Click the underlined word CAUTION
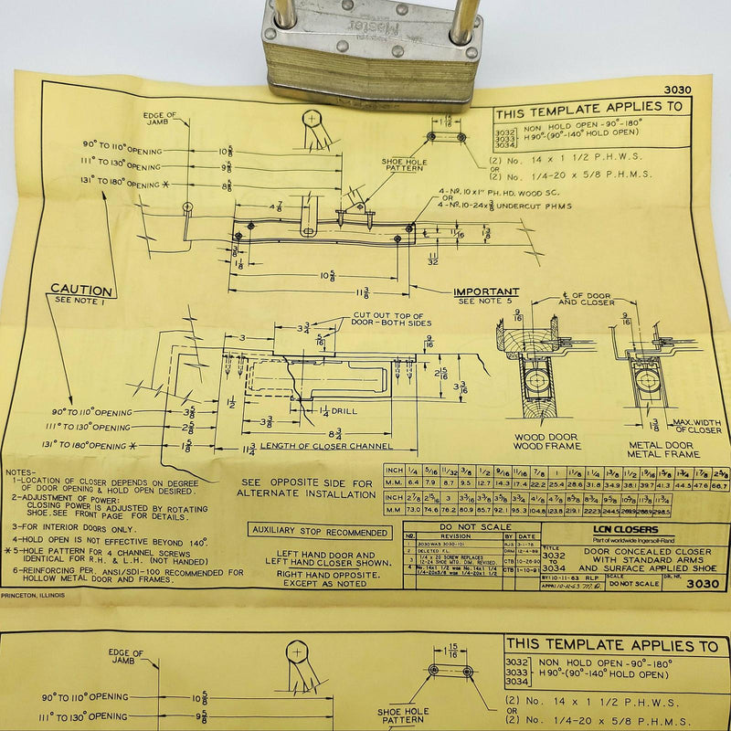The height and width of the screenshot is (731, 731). pos(81,290)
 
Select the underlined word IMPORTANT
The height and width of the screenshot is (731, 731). pos(486,292)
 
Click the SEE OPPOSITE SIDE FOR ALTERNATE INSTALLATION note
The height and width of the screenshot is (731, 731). pos(306,487)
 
